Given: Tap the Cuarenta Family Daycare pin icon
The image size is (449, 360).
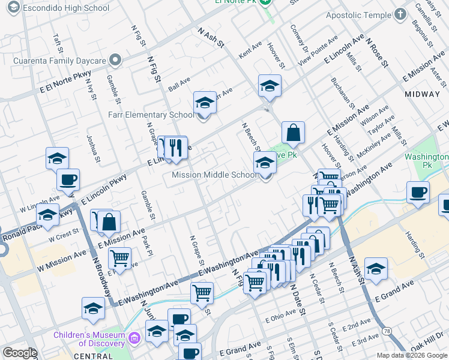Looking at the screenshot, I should (115, 59).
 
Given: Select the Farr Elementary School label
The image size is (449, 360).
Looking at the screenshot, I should (151, 115).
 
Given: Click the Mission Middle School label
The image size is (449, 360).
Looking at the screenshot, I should (214, 175).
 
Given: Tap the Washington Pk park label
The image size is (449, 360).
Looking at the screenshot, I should (435, 160).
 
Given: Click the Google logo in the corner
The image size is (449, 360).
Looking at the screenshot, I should (20, 353).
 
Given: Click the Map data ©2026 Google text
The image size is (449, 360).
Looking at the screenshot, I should (411, 355).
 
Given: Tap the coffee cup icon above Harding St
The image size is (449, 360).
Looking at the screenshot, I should (418, 192).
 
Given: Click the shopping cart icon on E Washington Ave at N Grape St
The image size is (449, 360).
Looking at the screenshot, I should (202, 293).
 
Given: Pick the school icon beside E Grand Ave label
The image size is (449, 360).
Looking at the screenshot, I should (376, 268).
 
